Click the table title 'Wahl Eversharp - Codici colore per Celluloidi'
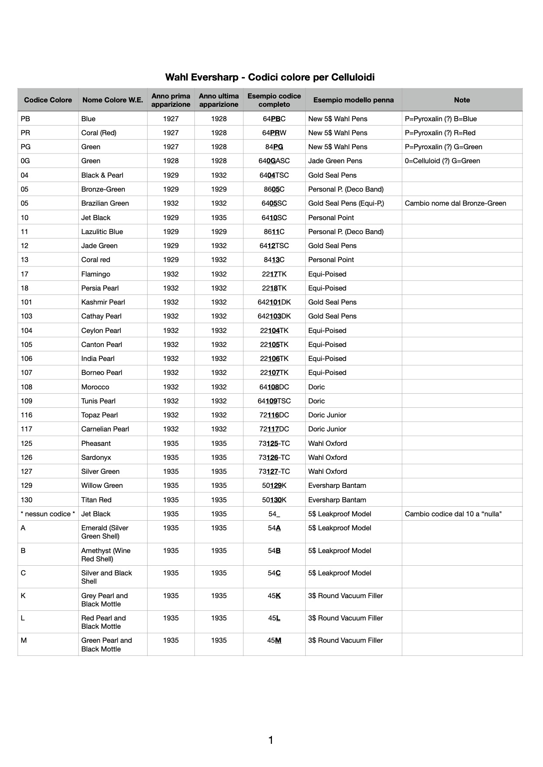[x=270, y=77]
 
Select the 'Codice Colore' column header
[x=48, y=100]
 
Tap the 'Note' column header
[x=462, y=100]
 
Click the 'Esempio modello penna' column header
[x=353, y=100]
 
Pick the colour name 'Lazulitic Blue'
[x=102, y=231]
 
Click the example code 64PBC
[x=274, y=119]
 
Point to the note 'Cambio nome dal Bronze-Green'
[x=455, y=203]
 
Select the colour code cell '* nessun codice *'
[x=48, y=514]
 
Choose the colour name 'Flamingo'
[x=95, y=274]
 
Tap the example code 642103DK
[x=274, y=316]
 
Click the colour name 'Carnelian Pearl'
[x=105, y=429]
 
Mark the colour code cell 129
[x=26, y=485]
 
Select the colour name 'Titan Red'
[x=96, y=500]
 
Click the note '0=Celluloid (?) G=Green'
[x=442, y=161]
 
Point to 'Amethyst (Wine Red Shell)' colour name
[x=106, y=554]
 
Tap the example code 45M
[x=274, y=640]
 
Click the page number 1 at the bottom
[x=271, y=740]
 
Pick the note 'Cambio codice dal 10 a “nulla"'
[x=453, y=514]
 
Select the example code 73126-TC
[x=274, y=457]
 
